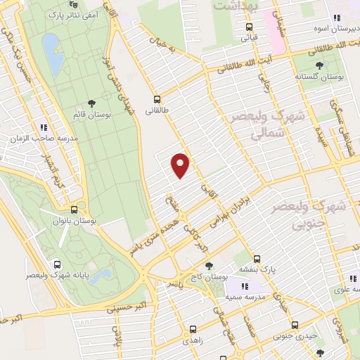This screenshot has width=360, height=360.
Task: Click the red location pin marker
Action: (x=181, y=164)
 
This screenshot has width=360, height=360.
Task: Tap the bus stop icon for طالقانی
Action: (x=157, y=100)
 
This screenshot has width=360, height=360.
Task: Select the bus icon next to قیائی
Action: (x=248, y=27)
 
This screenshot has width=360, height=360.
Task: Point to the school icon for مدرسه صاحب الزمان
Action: (x=44, y=127)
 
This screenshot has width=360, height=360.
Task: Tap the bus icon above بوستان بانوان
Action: (x=74, y=210)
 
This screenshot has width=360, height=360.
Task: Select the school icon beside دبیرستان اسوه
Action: (x=337, y=18)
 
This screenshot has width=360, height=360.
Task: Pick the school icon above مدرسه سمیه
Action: (x=245, y=287)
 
